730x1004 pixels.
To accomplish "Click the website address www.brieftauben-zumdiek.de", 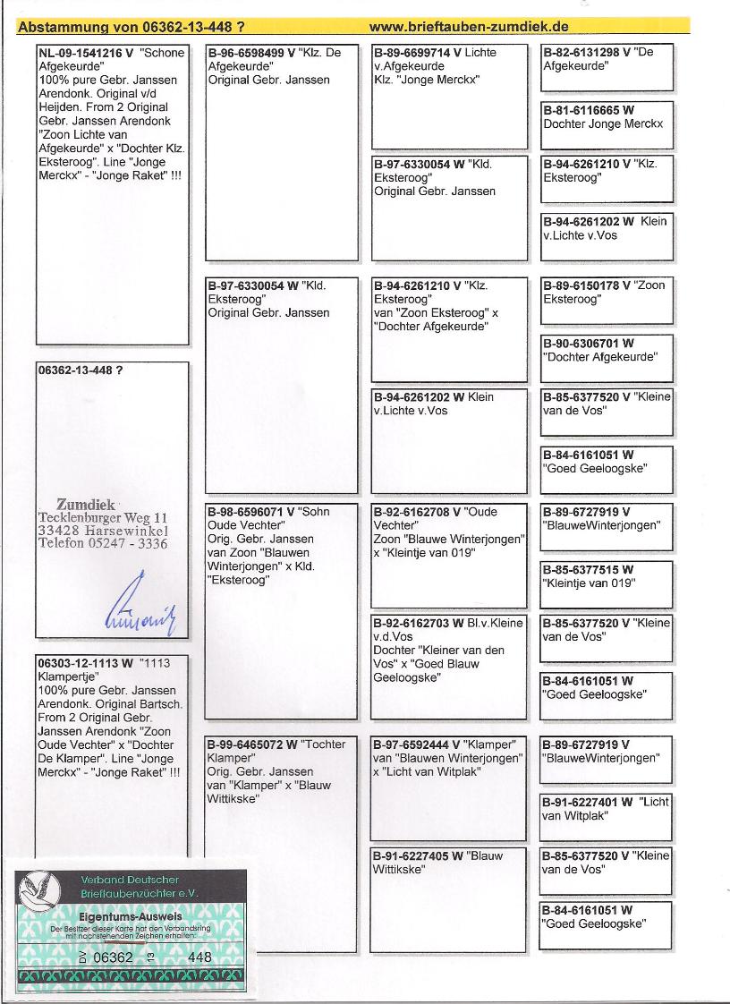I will coord(469,27).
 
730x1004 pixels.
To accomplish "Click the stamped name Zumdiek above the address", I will coord(86,505).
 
